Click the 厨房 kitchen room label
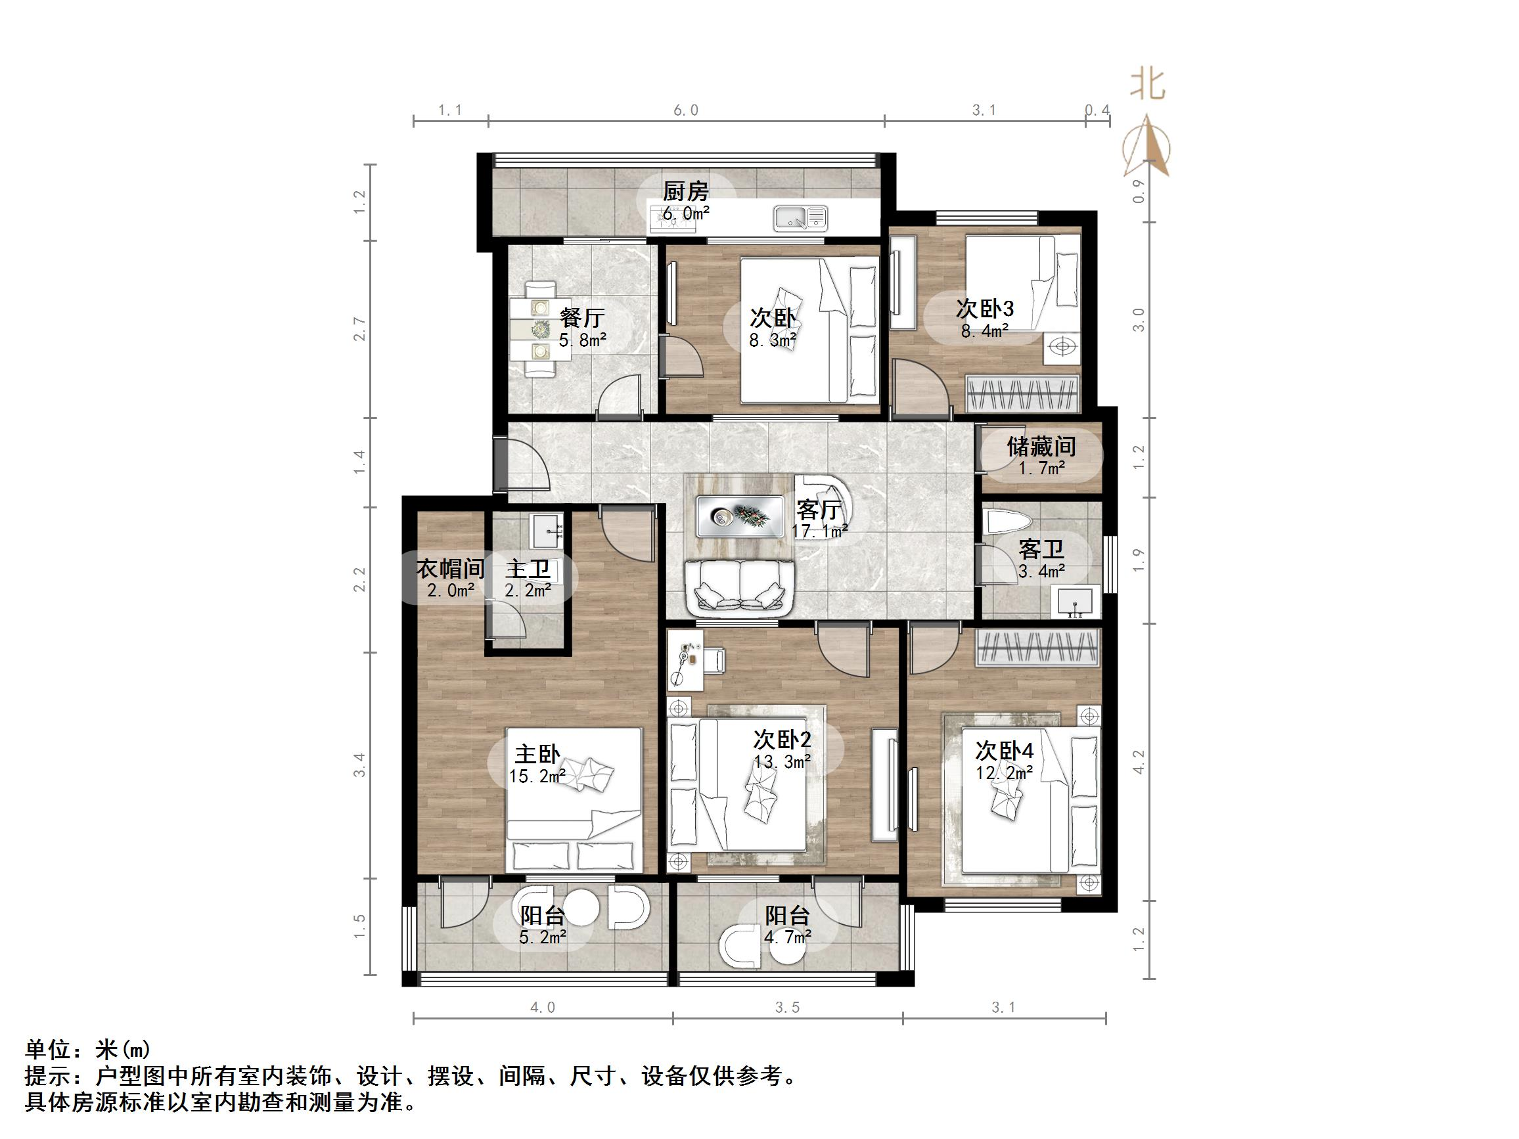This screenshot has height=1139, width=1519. click(685, 192)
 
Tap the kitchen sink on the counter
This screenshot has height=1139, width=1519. click(801, 218)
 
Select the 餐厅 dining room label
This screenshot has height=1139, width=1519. click(581, 317)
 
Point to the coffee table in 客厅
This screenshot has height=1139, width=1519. click(740, 516)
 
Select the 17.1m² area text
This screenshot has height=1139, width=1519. click(819, 531)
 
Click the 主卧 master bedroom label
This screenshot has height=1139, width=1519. click(537, 755)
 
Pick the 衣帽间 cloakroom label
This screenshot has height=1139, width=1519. click(450, 568)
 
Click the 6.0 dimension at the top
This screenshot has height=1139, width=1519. click(685, 110)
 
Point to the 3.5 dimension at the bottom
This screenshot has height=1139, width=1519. click(787, 1008)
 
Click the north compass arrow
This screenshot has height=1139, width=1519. click(1146, 146)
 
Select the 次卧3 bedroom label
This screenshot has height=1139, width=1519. click(984, 308)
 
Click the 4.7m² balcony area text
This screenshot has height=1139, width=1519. click(788, 937)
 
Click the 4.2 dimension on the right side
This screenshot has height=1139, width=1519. click(1139, 762)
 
